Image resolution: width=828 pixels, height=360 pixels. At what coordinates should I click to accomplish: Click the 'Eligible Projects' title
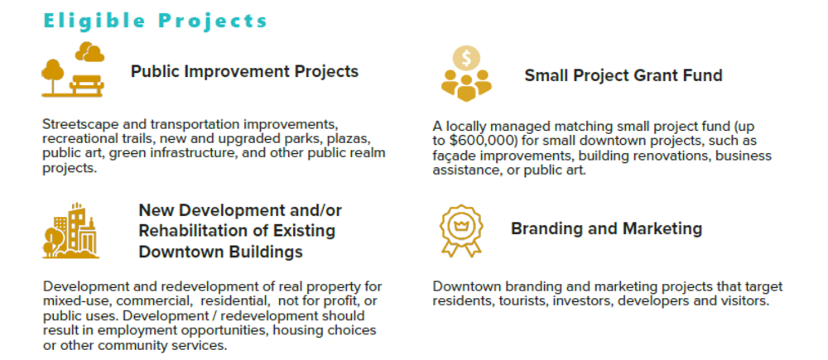(x=156, y=21)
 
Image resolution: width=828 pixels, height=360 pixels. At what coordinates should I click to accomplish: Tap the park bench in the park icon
(x=87, y=84)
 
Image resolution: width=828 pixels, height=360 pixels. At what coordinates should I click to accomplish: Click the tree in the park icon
(x=53, y=75)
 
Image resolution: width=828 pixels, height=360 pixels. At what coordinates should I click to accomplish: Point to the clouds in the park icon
(x=89, y=52)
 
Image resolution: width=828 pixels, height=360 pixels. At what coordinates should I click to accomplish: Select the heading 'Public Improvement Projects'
(x=244, y=71)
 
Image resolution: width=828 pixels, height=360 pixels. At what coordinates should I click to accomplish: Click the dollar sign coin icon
(x=466, y=58)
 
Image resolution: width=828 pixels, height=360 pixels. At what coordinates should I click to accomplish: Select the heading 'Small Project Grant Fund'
(x=623, y=75)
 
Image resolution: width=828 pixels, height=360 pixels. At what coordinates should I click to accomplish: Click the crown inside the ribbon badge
(x=461, y=225)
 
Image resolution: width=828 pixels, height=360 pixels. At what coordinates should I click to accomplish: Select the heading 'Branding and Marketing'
(x=606, y=228)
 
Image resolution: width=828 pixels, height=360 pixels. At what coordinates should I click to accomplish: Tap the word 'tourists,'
(x=524, y=301)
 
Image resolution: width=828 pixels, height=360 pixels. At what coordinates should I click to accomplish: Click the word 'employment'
(x=142, y=331)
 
